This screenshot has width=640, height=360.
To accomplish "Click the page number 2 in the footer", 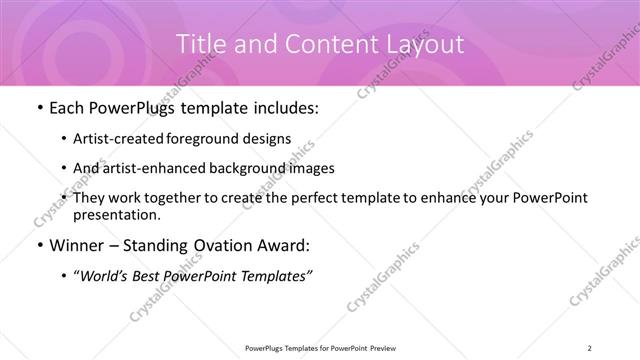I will (592, 347).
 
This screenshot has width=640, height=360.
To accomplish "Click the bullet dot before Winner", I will (38, 245).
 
